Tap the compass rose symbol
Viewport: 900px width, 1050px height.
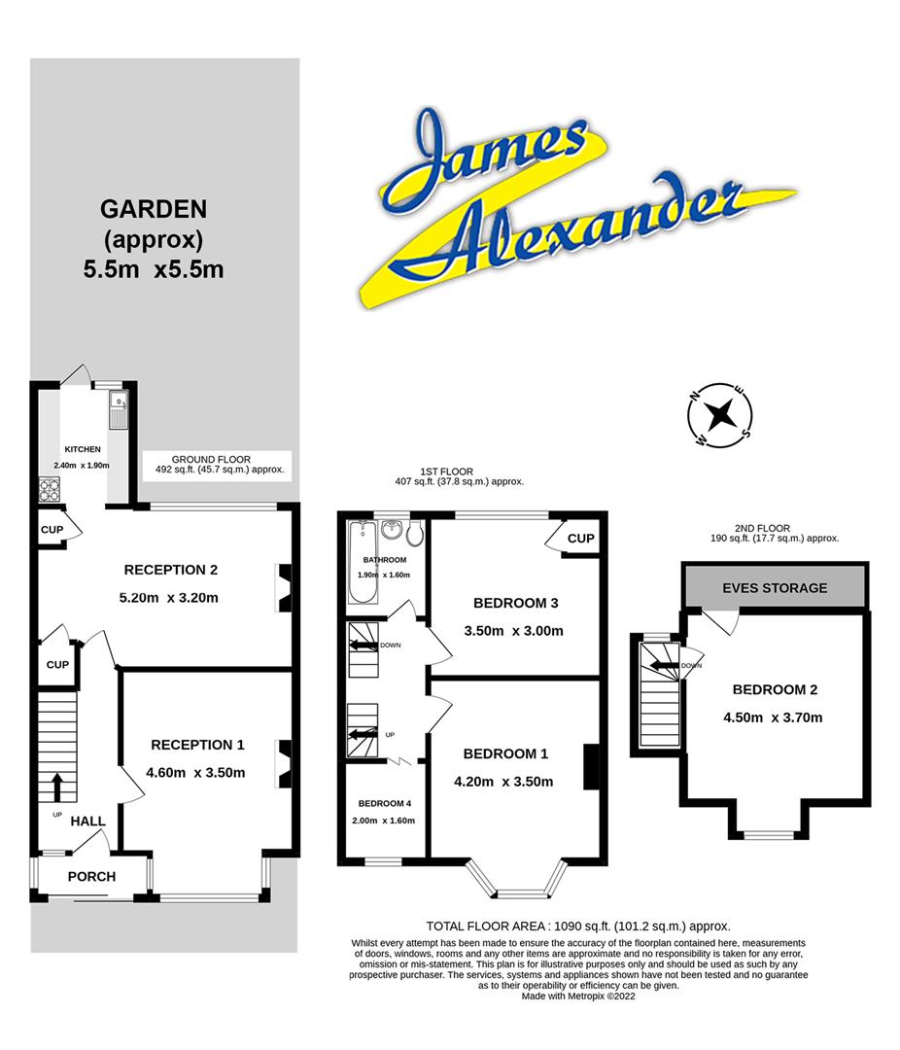[720, 415]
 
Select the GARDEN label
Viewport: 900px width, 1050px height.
[154, 208]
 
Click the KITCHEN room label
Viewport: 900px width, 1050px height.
[83, 449]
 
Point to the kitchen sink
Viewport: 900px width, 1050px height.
[119, 409]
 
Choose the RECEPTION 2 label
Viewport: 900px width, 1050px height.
[170, 570]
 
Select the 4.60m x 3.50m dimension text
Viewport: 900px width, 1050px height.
[196, 773]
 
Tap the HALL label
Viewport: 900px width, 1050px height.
[87, 821]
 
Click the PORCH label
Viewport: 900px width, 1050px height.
[91, 876]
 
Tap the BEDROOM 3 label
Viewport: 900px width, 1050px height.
[516, 603]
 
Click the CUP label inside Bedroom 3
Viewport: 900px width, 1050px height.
[580, 539]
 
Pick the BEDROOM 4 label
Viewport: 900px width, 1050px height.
[384, 803]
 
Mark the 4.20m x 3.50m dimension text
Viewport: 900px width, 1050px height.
[503, 782]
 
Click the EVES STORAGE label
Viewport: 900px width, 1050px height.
[775, 587]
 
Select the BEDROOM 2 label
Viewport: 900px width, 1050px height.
[775, 690]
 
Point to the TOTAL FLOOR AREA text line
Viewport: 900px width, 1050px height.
[578, 927]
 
